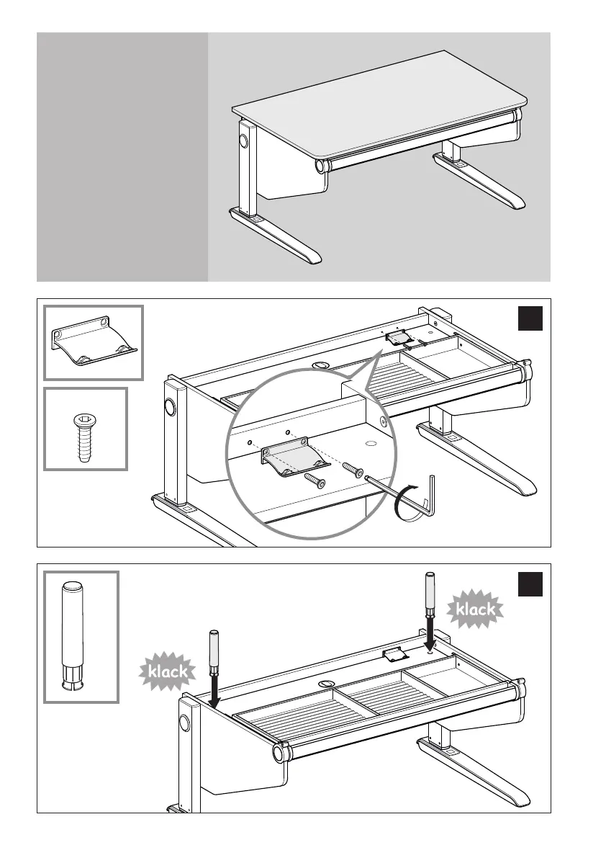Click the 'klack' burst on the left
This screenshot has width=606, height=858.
(168, 671)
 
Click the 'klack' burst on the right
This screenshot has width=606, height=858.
(475, 609)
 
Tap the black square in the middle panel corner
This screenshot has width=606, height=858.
(530, 318)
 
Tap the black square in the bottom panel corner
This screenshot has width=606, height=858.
(530, 584)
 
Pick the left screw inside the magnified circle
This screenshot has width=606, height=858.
(314, 478)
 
